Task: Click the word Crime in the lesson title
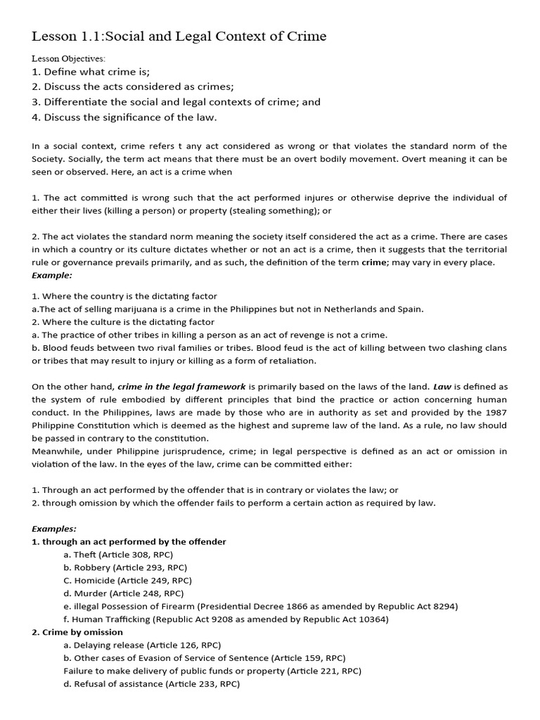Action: (306, 37)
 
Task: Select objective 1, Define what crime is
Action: (91, 72)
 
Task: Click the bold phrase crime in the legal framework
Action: (181, 387)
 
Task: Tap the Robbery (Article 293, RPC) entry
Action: (125, 567)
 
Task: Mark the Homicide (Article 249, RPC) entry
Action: (127, 581)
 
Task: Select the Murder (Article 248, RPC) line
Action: (123, 593)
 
